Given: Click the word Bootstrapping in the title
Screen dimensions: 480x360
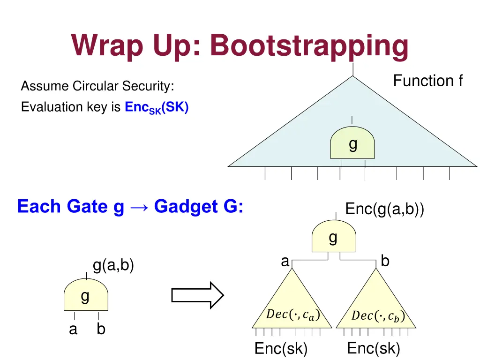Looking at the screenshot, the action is pyautogui.click(x=309, y=46).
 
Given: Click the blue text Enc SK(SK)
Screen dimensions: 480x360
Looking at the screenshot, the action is pyautogui.click(x=157, y=108).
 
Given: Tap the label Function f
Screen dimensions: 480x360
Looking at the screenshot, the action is pyautogui.click(x=427, y=81).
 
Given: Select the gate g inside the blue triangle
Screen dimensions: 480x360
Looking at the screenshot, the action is pyautogui.click(x=352, y=142).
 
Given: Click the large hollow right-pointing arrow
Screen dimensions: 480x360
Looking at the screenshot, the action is pyautogui.click(x=197, y=295).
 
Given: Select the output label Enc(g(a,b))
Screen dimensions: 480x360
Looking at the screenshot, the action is pyautogui.click(x=384, y=210).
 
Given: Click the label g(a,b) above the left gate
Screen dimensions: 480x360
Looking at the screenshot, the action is pyautogui.click(x=113, y=265).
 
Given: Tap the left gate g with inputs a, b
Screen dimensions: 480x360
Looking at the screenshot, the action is pyautogui.click(x=86, y=294).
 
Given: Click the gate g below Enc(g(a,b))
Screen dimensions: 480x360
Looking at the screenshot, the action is pyautogui.click(x=334, y=236).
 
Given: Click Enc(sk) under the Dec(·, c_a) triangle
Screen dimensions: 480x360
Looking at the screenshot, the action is pyautogui.click(x=281, y=349).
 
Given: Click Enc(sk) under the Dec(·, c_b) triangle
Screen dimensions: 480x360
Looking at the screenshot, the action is pyautogui.click(x=374, y=348).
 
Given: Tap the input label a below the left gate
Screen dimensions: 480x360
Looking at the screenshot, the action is pyautogui.click(x=73, y=330).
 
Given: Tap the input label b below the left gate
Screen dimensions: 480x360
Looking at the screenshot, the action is pyautogui.click(x=101, y=329).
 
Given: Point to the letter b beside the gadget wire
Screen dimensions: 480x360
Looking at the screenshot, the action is pyautogui.click(x=385, y=261).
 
